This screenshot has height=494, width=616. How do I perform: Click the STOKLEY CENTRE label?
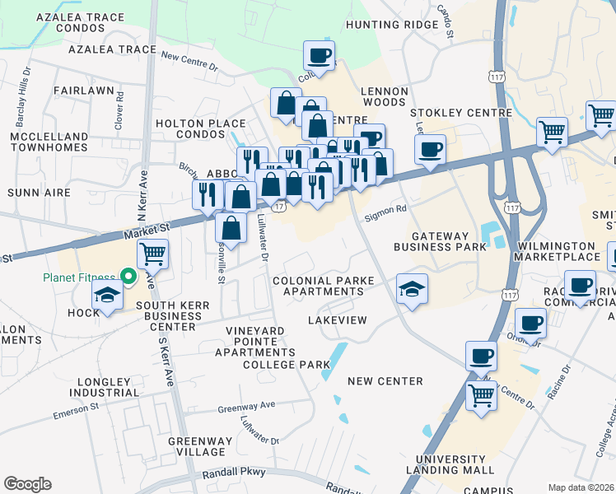[460, 113]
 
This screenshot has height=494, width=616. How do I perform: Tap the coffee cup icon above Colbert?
[320, 57]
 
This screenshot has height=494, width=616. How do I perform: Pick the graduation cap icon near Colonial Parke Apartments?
[412, 289]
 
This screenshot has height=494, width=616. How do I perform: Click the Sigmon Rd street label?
[390, 210]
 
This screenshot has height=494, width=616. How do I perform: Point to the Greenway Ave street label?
[246, 407]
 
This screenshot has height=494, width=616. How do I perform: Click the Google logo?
[27, 484]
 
